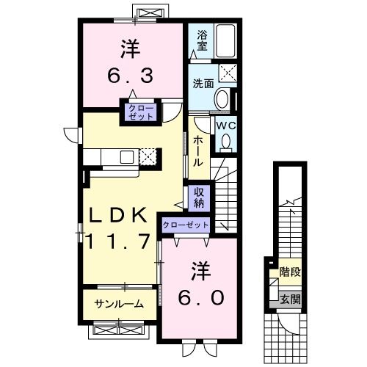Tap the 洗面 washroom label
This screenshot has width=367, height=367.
(x=203, y=83)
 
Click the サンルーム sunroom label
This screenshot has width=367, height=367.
(x=118, y=303)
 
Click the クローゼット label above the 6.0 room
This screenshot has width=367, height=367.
(x=186, y=225)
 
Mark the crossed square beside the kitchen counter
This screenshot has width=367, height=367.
(x=149, y=156)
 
